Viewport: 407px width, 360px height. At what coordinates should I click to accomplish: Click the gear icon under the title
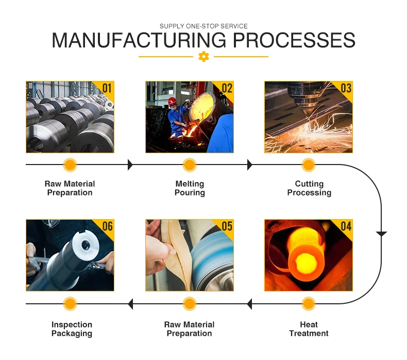[203, 57]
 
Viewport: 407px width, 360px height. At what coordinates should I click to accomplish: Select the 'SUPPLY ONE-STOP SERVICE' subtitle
[203, 26]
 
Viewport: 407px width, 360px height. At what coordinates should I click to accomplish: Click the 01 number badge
[106, 88]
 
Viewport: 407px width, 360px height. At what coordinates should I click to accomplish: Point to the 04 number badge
[345, 226]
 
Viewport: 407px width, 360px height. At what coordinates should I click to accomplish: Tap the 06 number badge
[107, 226]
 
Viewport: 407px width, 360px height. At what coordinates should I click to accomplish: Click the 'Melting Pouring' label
[190, 188]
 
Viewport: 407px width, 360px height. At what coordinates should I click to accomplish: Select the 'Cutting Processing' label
[309, 188]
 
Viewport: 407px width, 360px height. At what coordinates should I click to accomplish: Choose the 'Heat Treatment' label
[309, 329]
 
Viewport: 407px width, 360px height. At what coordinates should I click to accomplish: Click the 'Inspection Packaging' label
[72, 329]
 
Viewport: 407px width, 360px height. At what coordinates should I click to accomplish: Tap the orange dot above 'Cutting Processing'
[309, 165]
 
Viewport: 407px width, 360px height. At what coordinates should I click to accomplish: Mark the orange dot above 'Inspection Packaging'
[70, 304]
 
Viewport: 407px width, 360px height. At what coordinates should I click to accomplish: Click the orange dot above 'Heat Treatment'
[309, 304]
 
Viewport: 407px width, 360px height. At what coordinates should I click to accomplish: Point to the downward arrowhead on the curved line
[381, 234]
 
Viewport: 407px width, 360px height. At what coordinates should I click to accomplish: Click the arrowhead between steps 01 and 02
[130, 165]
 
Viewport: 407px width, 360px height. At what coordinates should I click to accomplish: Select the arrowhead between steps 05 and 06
[130, 304]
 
